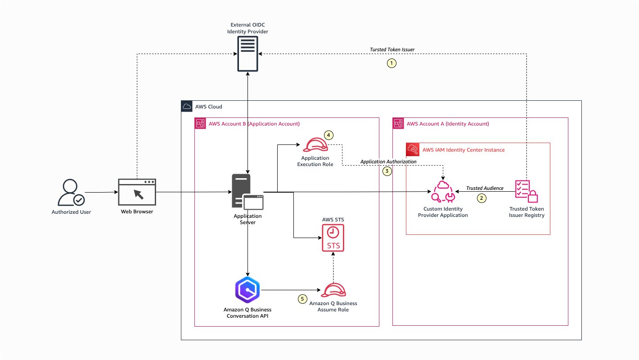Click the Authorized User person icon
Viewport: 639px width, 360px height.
[x=71, y=193]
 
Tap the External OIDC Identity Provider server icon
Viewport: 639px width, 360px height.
[x=247, y=54]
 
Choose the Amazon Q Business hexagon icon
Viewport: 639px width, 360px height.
[x=247, y=290]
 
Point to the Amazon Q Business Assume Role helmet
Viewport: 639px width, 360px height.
[x=333, y=290]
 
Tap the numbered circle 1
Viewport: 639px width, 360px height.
[x=392, y=63]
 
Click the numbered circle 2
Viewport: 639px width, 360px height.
[x=481, y=198]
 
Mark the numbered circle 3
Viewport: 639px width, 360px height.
[x=387, y=171]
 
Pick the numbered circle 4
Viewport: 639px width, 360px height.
[x=329, y=135]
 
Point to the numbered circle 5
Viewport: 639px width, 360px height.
[x=302, y=298]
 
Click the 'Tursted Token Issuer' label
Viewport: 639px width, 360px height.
[x=392, y=49]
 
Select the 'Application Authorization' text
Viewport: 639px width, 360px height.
[x=388, y=161]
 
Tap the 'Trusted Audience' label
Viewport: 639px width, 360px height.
[x=485, y=188]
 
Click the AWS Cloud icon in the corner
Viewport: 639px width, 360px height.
[x=186, y=106]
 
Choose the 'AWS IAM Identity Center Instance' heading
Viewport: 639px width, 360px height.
[x=463, y=149]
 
